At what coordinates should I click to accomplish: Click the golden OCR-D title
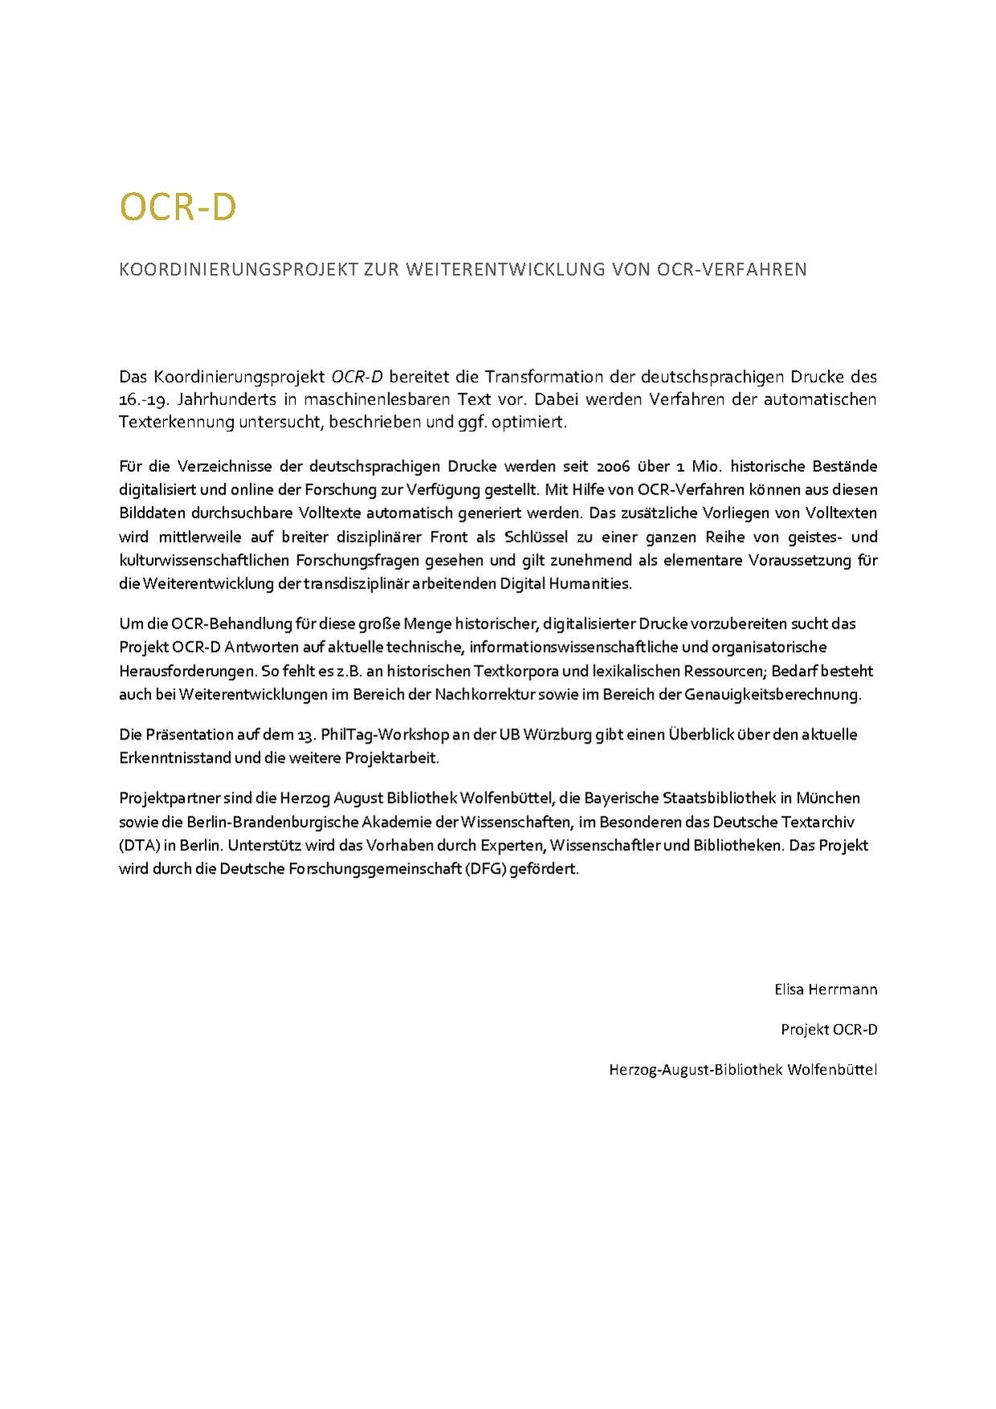[x=178, y=207]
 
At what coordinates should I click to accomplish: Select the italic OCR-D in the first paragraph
[x=357, y=377]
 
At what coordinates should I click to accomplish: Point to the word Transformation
[x=539, y=377]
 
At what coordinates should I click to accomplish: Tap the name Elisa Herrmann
[x=826, y=989]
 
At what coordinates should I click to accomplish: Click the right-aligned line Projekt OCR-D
[x=829, y=1030]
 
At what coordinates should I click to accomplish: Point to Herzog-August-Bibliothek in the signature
[x=696, y=1070]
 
